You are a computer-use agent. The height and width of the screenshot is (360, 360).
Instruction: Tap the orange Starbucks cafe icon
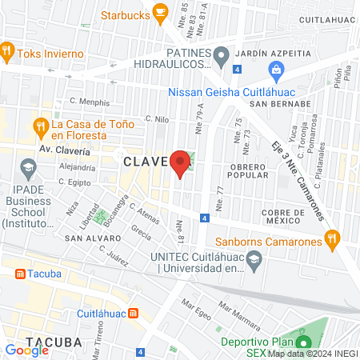[x=160, y=12]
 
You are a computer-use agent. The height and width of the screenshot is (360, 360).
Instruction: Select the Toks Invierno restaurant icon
[x=8, y=53]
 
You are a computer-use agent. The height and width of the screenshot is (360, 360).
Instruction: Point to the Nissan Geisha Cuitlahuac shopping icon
[x=276, y=71]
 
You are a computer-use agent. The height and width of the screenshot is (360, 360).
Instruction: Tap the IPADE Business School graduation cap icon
[x=29, y=168]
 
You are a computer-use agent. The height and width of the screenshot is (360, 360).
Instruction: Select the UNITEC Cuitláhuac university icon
[x=254, y=259]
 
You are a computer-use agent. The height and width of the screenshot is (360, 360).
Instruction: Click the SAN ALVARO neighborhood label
[x=93, y=238]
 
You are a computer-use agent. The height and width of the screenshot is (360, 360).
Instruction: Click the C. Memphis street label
[x=89, y=102]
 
